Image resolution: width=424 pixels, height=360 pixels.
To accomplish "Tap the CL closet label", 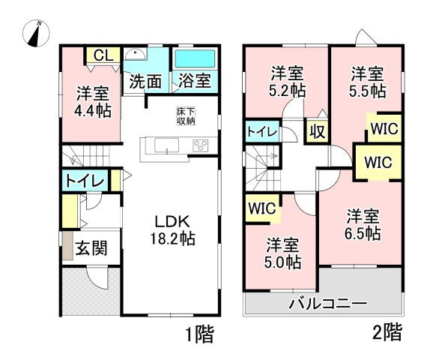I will point(104,55).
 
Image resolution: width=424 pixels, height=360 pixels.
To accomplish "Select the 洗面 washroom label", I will point(145,81).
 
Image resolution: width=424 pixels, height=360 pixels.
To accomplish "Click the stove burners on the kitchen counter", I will point(200,145).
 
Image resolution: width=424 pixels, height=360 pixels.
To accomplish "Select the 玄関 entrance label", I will point(91,249).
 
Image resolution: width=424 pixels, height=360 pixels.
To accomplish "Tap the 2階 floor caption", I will point(389,331).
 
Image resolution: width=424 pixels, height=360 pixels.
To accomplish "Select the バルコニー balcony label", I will point(328,305).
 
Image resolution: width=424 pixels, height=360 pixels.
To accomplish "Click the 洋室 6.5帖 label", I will point(363,225).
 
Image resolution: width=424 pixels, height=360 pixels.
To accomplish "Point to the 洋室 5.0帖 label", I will point(283,253).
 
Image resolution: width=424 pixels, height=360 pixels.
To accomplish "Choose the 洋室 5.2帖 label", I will point(286,81).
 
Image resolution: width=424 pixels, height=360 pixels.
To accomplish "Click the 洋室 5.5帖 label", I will point(368,81).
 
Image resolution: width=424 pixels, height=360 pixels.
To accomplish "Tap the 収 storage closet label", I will point(317,132).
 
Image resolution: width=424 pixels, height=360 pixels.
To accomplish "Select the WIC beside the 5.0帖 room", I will point(261,206).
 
